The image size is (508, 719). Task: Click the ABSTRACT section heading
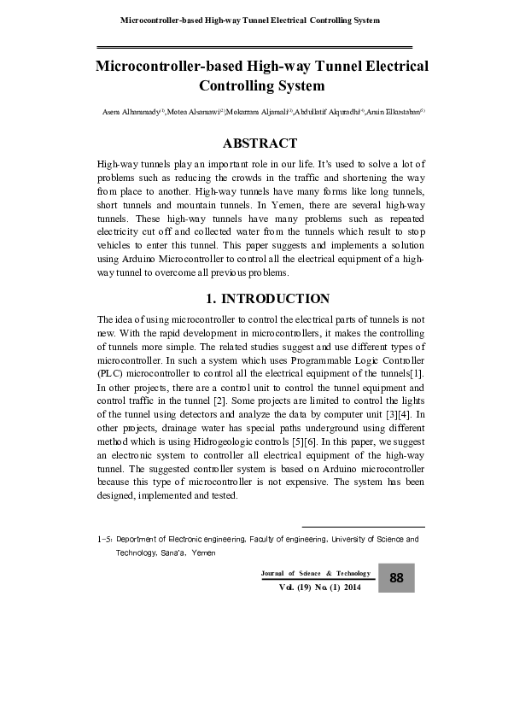point(260,143)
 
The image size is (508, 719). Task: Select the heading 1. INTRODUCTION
point(268,299)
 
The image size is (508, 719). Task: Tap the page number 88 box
point(396,578)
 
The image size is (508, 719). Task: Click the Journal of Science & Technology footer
point(316,573)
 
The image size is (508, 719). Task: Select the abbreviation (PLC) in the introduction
point(113,373)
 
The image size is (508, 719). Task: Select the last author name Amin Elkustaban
point(395,112)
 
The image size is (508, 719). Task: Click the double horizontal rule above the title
point(254,46)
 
